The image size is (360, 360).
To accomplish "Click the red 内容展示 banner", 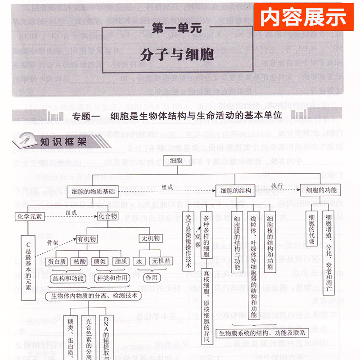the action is click(304, 17).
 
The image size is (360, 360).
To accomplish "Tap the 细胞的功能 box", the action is click(321, 191).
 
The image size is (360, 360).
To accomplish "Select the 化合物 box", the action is click(109, 216).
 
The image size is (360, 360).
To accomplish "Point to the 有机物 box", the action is click(87, 239).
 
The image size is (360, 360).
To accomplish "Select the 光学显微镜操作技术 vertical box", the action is click(189, 241).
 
